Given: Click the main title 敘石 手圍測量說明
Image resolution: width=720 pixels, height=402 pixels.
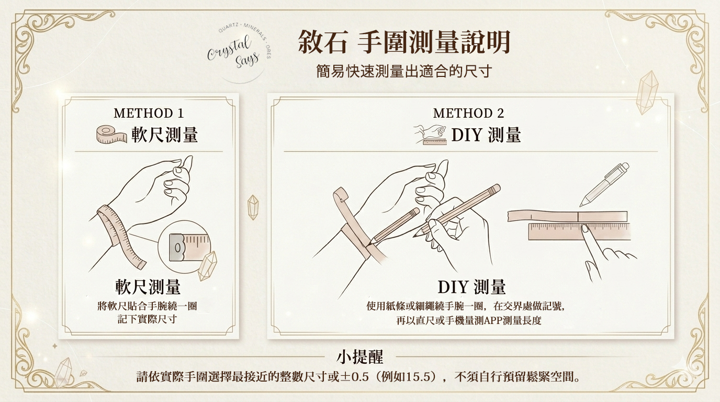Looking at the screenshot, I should coord(404,42).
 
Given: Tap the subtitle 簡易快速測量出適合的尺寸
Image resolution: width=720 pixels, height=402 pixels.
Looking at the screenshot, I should coord(403,71).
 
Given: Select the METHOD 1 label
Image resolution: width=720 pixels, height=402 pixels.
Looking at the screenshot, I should coord(149,113).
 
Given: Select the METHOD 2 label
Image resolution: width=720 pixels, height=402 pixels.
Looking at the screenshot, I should coord(468,113).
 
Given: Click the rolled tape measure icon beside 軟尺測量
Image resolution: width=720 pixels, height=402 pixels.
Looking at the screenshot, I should coord(111,135).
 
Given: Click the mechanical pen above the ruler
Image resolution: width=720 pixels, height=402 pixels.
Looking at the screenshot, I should coord(605,184).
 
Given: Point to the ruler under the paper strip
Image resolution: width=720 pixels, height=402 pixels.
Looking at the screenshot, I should coord(578,231).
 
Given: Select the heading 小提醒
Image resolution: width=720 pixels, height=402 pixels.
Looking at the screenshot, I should coord(359,357).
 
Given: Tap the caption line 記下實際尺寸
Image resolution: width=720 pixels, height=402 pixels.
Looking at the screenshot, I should coord(147,319).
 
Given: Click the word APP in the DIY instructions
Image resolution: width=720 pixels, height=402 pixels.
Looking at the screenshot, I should coord(493,320).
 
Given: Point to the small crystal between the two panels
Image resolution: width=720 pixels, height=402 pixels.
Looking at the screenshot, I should coord(253,207).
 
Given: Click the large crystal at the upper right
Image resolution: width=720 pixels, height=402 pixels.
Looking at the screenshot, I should coord(648,93).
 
